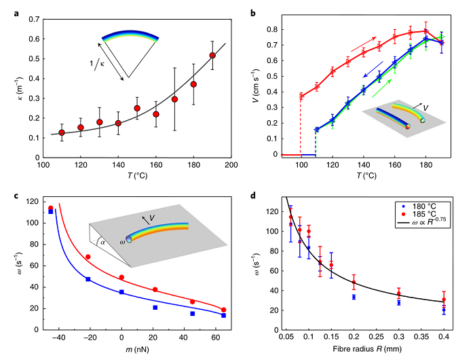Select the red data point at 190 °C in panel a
tap(212, 55)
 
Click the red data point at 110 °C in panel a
tap(62, 132)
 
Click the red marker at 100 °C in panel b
tap(301, 96)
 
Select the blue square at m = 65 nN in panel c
tap(223, 315)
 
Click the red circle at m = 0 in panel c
tap(121, 277)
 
